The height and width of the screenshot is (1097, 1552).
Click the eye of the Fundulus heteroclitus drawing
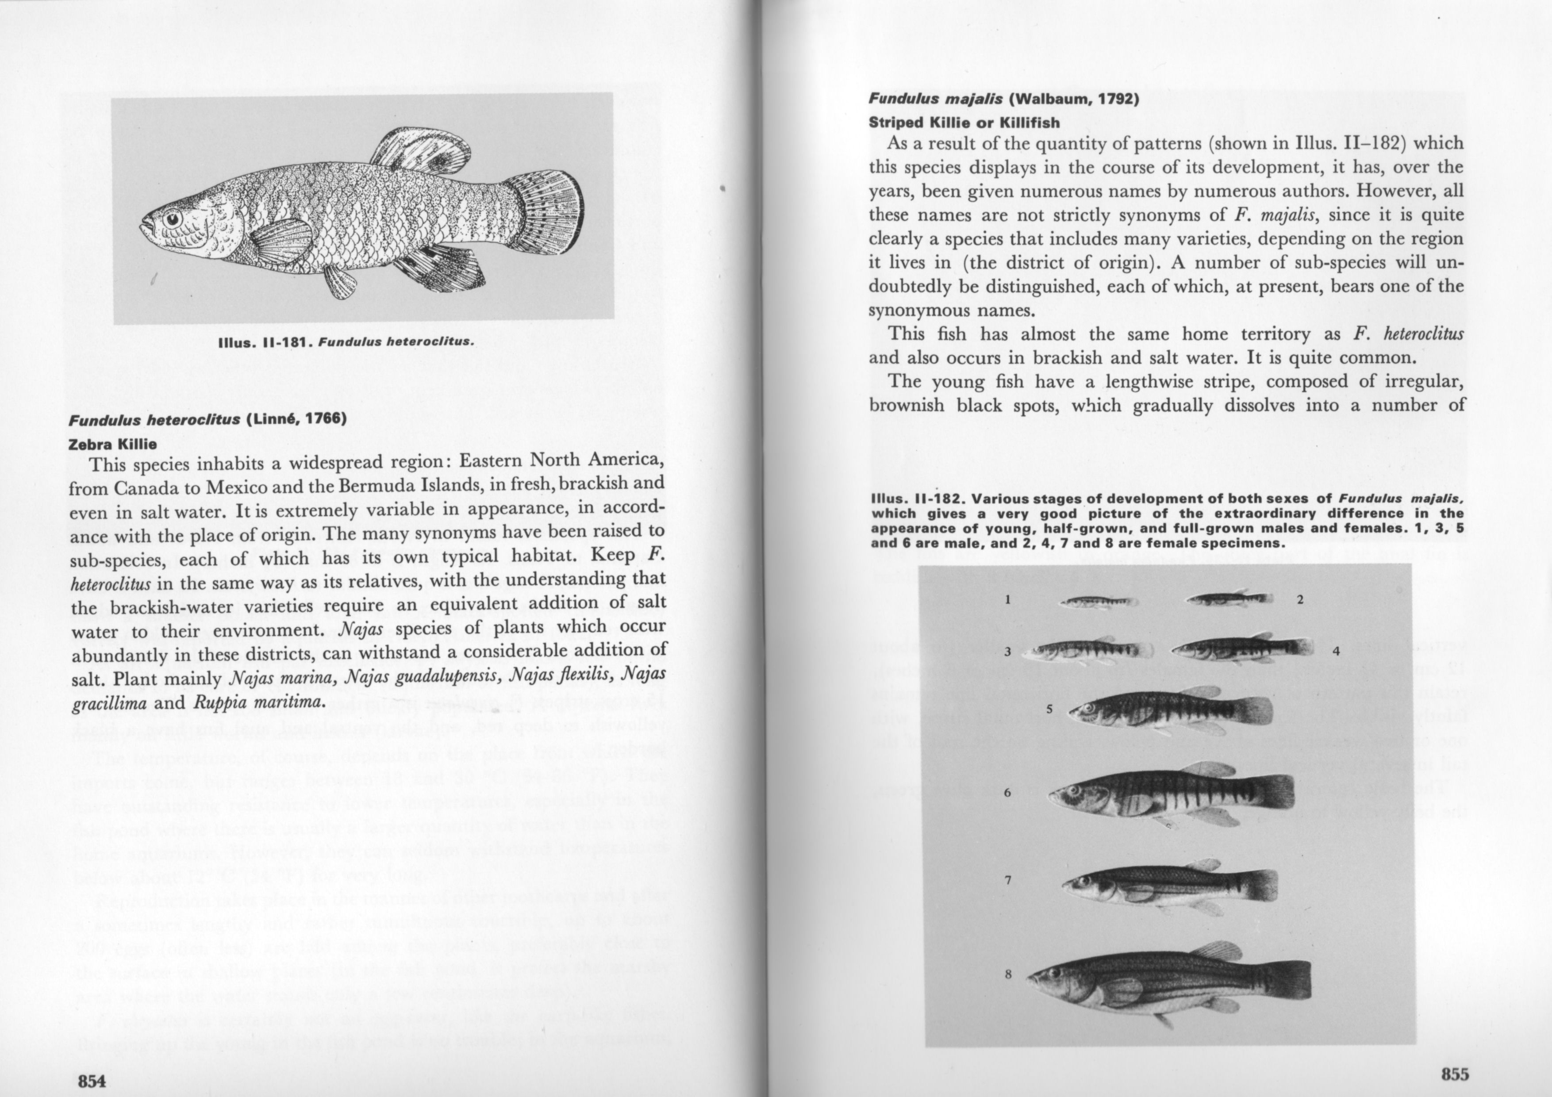tap(172, 219)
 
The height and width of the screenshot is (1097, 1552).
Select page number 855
tap(1455, 1074)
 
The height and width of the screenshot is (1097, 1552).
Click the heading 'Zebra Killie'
tap(113, 444)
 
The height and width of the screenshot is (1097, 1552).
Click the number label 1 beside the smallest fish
tap(1007, 599)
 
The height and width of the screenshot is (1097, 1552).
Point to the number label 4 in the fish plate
tap(1336, 652)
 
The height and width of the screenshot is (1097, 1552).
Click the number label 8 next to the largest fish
tap(1008, 974)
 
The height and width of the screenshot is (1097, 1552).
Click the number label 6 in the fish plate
tap(1007, 792)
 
